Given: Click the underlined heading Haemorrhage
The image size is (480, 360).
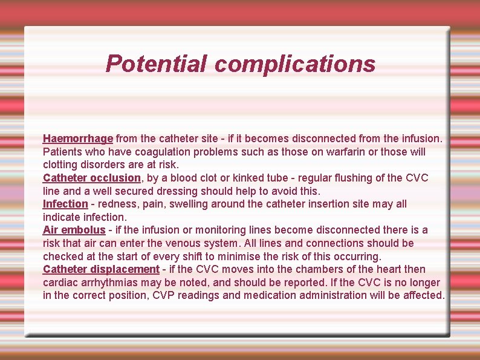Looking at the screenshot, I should pos(78,139).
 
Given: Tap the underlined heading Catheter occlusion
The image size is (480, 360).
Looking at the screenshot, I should pos(92,178).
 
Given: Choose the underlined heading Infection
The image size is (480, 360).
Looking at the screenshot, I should pos(65,204).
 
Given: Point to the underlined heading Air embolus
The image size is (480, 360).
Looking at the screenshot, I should pos(74,230).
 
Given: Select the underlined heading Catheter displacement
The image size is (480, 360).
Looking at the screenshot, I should pos(101,269).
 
